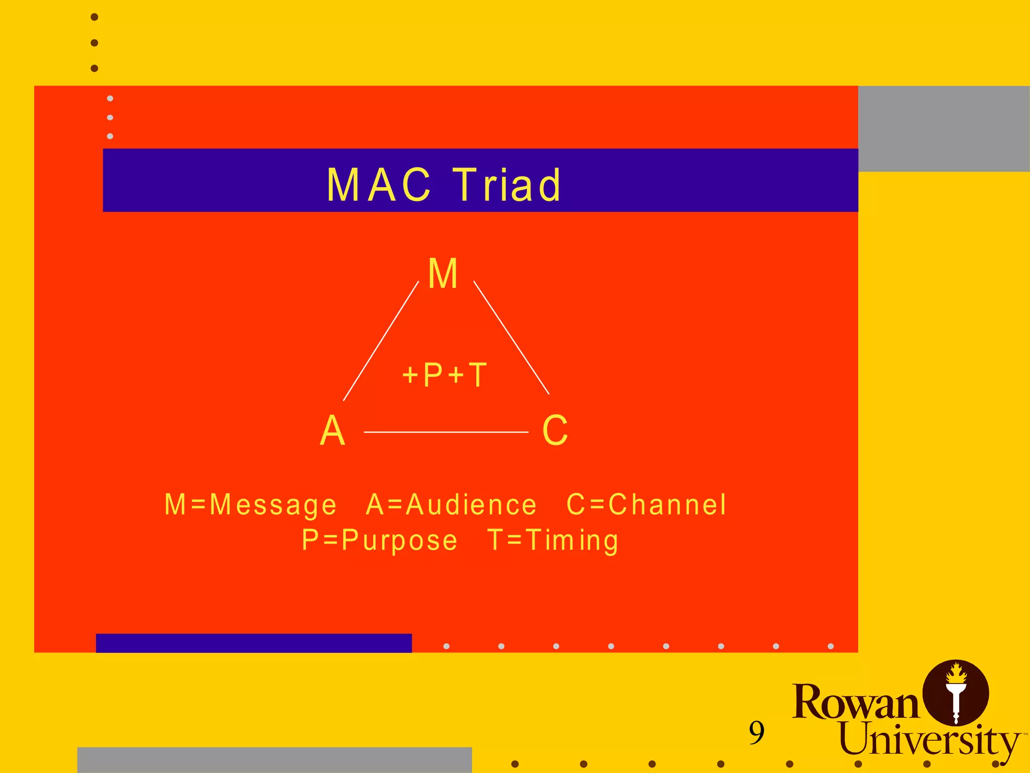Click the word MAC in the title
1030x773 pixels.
click(x=379, y=185)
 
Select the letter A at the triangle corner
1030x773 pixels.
click(x=332, y=431)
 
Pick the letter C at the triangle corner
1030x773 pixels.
click(x=555, y=431)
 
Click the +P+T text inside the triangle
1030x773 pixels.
click(x=445, y=375)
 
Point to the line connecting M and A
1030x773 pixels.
click(x=381, y=341)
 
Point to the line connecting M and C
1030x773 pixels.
click(x=511, y=338)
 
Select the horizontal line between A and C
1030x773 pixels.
click(x=446, y=432)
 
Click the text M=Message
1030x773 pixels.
click(x=250, y=505)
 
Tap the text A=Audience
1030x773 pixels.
click(x=451, y=505)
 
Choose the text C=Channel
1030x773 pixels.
click(x=646, y=505)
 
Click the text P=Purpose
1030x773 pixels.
click(x=380, y=540)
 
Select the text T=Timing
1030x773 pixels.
click(x=553, y=540)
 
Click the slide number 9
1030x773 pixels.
click(x=756, y=733)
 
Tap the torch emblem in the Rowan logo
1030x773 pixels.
click(x=956, y=693)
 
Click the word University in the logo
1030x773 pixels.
click(x=928, y=739)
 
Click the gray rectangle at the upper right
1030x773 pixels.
click(x=943, y=129)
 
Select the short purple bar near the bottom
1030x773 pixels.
click(x=253, y=643)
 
